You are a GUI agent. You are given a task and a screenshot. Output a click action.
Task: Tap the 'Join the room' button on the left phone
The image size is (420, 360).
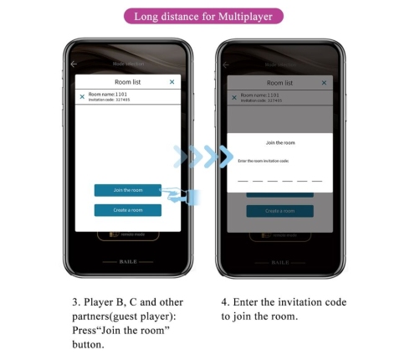click(x=127, y=190)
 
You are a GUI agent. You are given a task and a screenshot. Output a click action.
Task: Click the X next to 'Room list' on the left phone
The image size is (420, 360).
click(x=172, y=82)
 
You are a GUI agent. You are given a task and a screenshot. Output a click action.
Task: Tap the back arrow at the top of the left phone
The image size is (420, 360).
click(x=74, y=64)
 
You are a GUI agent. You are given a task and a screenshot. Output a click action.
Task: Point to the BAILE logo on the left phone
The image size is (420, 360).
click(x=127, y=261)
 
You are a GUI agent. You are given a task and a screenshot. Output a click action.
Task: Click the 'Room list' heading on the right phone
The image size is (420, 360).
click(x=279, y=83)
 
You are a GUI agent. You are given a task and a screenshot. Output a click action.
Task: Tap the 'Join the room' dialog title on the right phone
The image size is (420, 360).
click(x=279, y=143)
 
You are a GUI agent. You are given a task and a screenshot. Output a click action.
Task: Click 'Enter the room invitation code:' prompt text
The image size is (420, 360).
click(x=264, y=160)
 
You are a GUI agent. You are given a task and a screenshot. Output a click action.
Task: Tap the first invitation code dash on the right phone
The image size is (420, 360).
click(x=243, y=180)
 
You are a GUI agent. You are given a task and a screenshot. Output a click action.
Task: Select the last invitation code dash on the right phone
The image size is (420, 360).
click(x=316, y=180)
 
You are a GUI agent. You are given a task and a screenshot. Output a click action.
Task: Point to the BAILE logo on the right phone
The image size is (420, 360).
click(x=279, y=261)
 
